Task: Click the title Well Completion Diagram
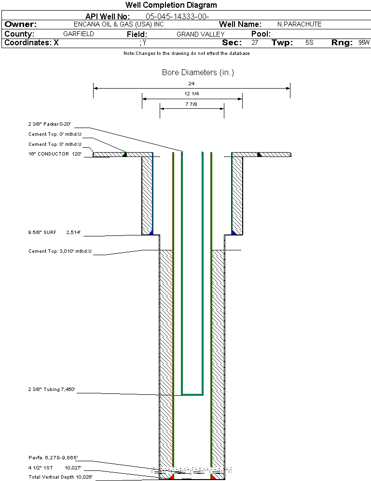(x=171, y=5)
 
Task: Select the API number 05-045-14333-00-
(x=178, y=16)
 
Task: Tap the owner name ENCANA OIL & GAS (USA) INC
(x=119, y=25)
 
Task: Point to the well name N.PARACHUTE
(x=300, y=24)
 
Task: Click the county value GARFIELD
(x=78, y=34)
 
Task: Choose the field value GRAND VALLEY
(x=200, y=34)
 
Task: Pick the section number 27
(x=255, y=43)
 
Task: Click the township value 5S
(x=309, y=43)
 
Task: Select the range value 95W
(x=364, y=43)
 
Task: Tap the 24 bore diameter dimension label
(x=191, y=83)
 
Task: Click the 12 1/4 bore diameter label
(x=192, y=93)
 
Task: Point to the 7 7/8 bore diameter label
(x=191, y=104)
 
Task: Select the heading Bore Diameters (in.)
(x=198, y=72)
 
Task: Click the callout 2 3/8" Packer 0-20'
(x=50, y=124)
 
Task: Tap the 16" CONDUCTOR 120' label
(x=55, y=154)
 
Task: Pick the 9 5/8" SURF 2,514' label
(x=55, y=232)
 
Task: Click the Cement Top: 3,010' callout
(x=60, y=251)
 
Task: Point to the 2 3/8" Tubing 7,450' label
(x=52, y=390)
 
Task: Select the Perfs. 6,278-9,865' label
(x=53, y=458)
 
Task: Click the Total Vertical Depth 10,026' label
(x=61, y=477)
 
